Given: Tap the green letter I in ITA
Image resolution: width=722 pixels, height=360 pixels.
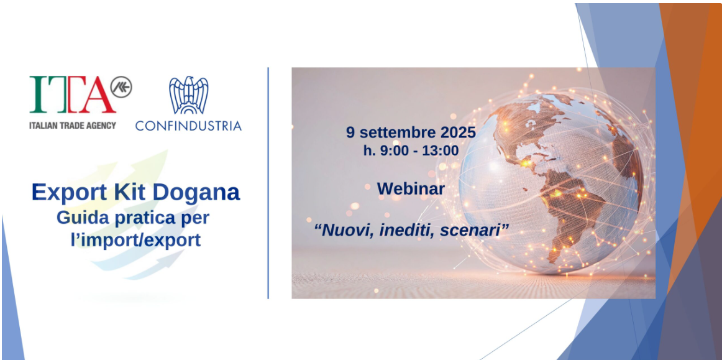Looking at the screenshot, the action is click(39, 95).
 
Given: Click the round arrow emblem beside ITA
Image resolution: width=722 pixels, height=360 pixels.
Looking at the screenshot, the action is click(121, 87).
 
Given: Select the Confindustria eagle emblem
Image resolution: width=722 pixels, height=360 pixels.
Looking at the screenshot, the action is click(188, 95).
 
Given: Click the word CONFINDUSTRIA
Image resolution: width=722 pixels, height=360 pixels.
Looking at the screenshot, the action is click(188, 126).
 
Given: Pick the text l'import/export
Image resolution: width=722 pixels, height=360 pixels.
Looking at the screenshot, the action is click(136, 240).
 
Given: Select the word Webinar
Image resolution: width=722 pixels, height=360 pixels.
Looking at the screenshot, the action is click(411, 188).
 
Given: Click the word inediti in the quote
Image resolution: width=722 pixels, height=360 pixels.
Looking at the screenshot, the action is click(408, 229).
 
